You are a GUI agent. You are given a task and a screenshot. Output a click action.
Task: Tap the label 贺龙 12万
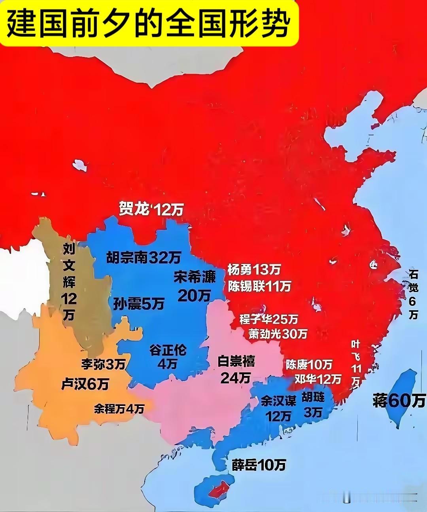151,209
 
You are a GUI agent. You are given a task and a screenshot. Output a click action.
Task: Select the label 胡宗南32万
144,258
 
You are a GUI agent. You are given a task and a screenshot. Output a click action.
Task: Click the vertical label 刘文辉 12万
69,281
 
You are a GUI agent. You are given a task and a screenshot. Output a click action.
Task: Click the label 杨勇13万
254,270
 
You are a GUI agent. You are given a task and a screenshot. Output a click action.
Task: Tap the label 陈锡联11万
259,286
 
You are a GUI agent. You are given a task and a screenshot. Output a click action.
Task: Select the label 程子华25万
269,319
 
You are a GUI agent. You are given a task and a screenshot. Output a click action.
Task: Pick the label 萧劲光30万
278,334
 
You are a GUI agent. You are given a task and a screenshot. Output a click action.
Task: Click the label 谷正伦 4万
168,356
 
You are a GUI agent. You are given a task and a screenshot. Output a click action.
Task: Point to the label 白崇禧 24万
236,369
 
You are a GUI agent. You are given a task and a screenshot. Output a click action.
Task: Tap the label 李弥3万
103,364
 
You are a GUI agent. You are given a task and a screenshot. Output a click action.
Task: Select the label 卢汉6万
85,383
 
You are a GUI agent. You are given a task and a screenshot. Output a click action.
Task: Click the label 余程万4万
119,409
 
